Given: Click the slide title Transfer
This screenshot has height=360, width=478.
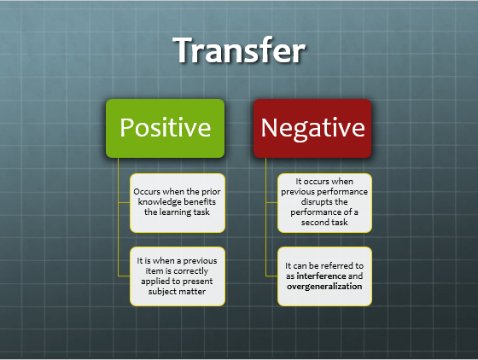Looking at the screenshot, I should [x=239, y=50].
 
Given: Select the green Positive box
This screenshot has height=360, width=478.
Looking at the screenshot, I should [x=165, y=128].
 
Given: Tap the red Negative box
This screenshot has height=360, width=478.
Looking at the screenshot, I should [x=312, y=128].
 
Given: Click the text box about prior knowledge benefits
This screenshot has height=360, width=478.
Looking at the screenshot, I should [x=178, y=202].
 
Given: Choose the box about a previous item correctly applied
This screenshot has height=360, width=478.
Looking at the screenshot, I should [x=178, y=276].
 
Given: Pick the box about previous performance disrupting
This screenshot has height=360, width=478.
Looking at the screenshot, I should [x=325, y=202].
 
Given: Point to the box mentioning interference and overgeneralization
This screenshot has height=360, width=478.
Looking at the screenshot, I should [x=325, y=276].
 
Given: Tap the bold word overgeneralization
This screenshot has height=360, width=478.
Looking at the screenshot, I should [x=325, y=287].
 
